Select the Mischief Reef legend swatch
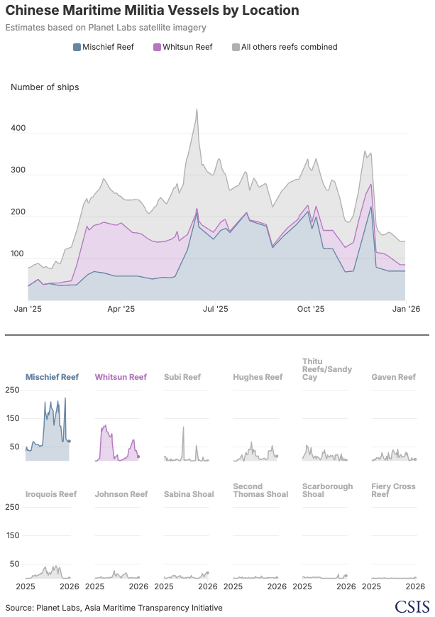(x=77, y=48)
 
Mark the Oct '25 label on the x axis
(x=310, y=310)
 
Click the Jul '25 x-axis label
(x=215, y=310)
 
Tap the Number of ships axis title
(x=45, y=87)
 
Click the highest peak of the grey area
(x=196, y=109)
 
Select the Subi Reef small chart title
(x=182, y=378)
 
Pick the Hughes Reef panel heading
(x=258, y=378)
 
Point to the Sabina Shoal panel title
(x=189, y=494)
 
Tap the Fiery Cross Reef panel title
(x=393, y=490)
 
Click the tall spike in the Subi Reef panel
(x=183, y=427)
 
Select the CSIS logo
(x=411, y=607)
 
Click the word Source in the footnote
(x=18, y=608)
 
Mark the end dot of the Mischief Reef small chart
(x=69, y=441)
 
